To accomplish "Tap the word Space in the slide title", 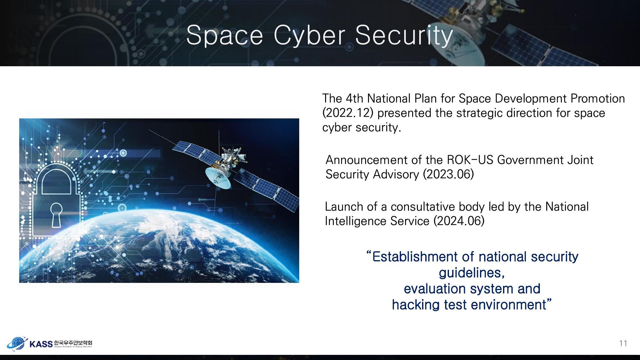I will click(x=224, y=35).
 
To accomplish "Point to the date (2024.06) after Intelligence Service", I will click(x=459, y=221).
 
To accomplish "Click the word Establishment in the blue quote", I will click(x=419, y=257).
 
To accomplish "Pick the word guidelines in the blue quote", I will click(x=471, y=273).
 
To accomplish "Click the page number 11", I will click(x=623, y=343).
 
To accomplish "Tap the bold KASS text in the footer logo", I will click(x=41, y=344).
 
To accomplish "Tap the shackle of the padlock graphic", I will click(x=56, y=179).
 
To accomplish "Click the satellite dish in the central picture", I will click(x=218, y=177).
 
